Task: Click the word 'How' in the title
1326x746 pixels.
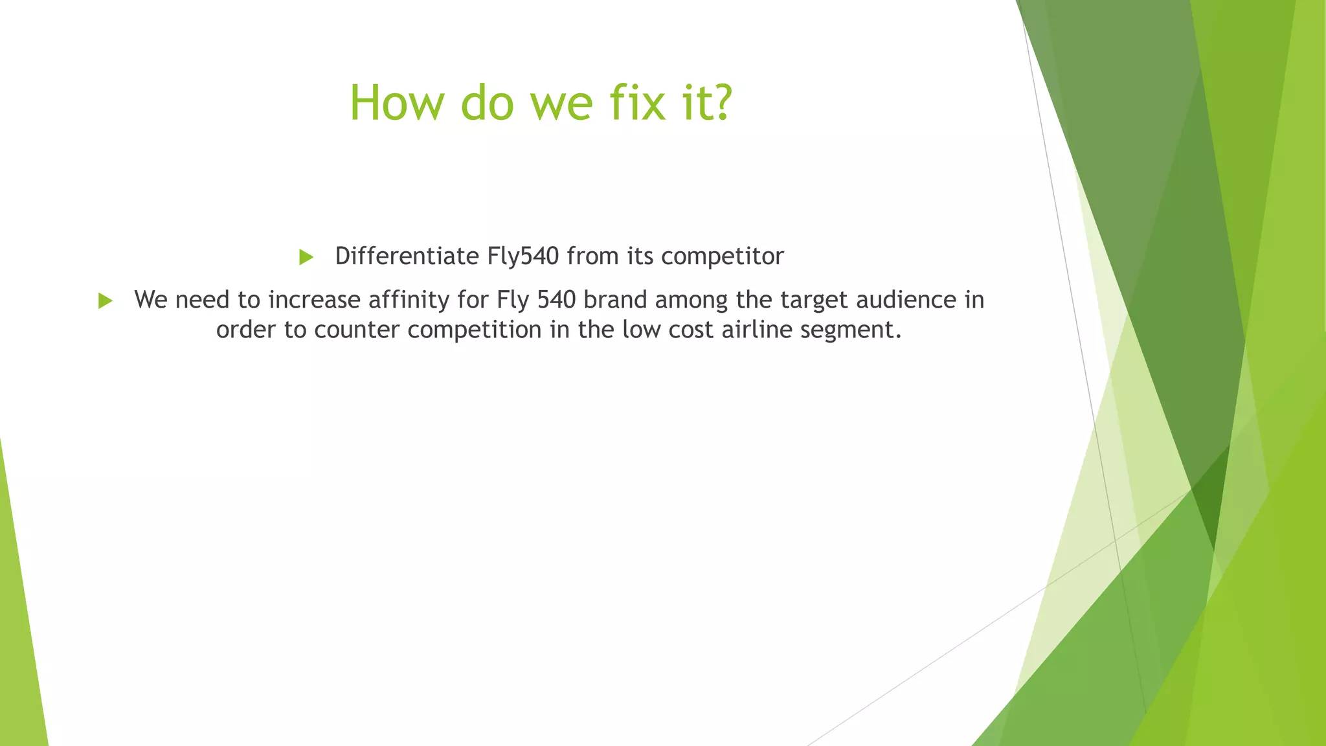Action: pyautogui.click(x=395, y=104)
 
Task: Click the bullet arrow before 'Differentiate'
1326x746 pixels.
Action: pyautogui.click(x=306, y=258)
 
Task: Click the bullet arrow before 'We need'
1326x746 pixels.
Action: pyautogui.click(x=106, y=301)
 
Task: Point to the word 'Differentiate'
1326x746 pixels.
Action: pyautogui.click(x=407, y=256)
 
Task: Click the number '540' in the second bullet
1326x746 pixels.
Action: pyautogui.click(x=556, y=300)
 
